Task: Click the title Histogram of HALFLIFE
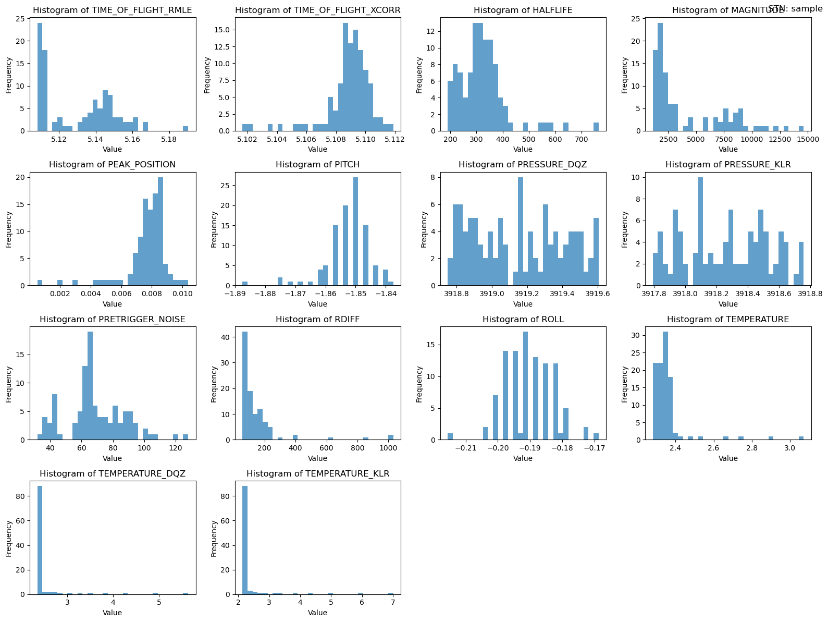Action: click(x=523, y=10)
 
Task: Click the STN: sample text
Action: click(x=795, y=8)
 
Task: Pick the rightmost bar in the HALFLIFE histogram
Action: click(x=596, y=127)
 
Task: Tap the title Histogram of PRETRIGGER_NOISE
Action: click(x=112, y=319)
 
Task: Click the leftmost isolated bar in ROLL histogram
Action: click(x=450, y=436)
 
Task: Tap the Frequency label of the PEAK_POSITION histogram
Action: click(x=9, y=229)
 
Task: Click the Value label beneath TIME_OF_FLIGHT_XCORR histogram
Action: click(x=317, y=149)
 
